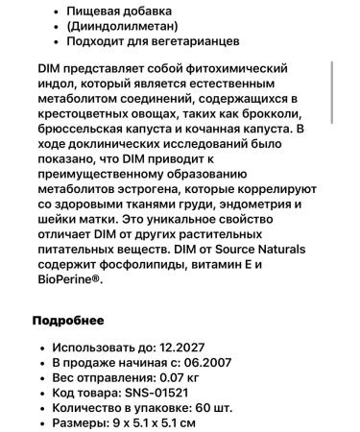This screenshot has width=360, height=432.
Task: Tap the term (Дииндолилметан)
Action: click(x=124, y=26)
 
